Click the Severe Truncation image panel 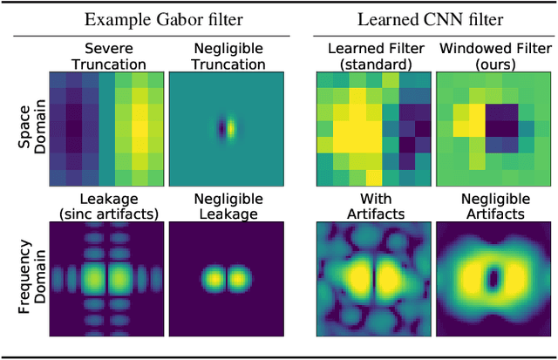point(105,128)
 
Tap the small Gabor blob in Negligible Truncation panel point(225,129)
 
